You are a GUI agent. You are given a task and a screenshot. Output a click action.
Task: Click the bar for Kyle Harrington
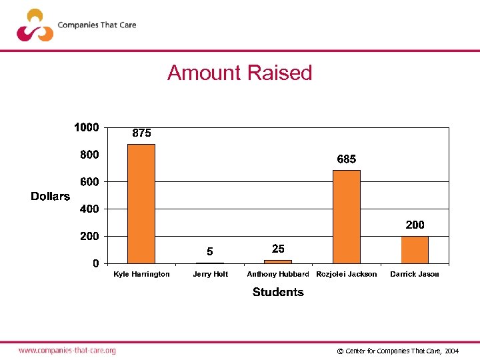pyautogui.click(x=141, y=203)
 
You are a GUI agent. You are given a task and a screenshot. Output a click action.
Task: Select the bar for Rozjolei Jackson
pyautogui.click(x=347, y=217)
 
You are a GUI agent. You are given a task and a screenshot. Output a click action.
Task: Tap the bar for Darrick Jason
pyautogui.click(x=415, y=250)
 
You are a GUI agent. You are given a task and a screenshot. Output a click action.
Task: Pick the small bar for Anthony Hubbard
pyautogui.click(x=278, y=261)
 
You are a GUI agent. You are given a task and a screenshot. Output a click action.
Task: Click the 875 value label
pyautogui.click(x=141, y=133)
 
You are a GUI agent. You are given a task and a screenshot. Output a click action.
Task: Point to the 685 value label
pyautogui.click(x=347, y=159)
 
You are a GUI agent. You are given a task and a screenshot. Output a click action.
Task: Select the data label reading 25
pyautogui.click(x=278, y=249)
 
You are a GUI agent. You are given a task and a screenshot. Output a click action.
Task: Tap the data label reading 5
pyautogui.click(x=210, y=252)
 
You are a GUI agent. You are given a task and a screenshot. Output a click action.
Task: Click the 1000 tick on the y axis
pyautogui.click(x=87, y=127)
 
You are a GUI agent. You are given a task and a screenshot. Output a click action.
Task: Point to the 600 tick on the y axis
pyautogui.click(x=90, y=182)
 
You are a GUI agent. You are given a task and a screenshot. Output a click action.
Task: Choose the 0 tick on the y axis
pyautogui.click(x=96, y=263)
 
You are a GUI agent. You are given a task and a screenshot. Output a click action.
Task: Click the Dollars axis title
pyautogui.click(x=50, y=196)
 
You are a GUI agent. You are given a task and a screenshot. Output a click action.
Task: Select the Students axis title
pyautogui.click(x=278, y=292)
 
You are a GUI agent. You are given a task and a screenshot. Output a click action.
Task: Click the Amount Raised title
pyautogui.click(x=240, y=73)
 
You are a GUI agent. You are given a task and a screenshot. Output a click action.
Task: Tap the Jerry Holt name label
pyautogui.click(x=210, y=274)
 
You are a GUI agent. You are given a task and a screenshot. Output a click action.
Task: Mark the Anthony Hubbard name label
pyautogui.click(x=278, y=274)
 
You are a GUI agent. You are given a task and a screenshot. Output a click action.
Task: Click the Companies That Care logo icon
pyautogui.click(x=35, y=25)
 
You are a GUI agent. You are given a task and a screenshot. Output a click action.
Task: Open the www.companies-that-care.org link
pyautogui.click(x=67, y=350)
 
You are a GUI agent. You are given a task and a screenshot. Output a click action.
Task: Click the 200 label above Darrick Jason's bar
pyautogui.click(x=415, y=225)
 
